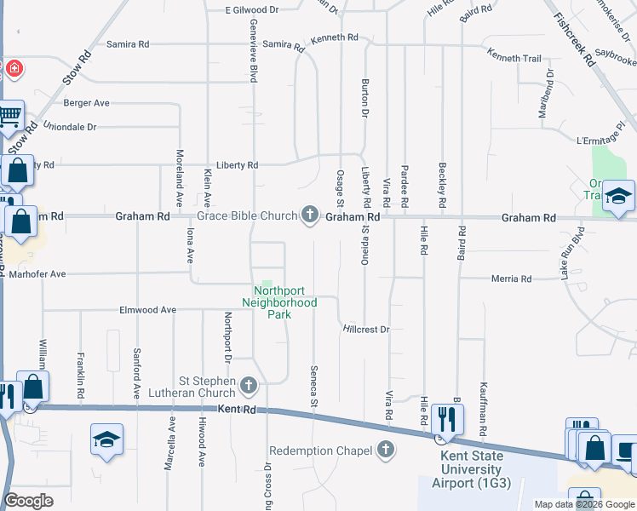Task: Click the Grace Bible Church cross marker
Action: click(x=310, y=215)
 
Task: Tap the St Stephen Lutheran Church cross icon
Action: click(x=249, y=386)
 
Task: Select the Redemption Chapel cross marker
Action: click(x=387, y=450)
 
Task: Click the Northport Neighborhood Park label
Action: click(x=279, y=302)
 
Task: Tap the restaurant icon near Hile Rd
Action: click(x=446, y=418)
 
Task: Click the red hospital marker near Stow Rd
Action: click(x=14, y=67)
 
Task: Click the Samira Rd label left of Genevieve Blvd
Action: click(x=128, y=43)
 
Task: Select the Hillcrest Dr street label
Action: click(x=366, y=329)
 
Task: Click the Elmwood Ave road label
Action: click(x=147, y=310)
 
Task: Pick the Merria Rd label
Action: click(x=512, y=278)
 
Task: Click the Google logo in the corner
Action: click(x=28, y=501)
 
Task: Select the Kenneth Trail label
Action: click(x=514, y=58)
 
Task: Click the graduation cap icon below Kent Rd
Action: click(x=106, y=440)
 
